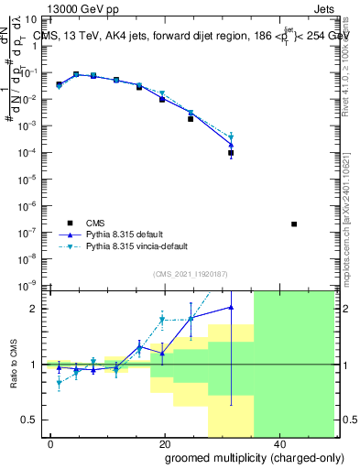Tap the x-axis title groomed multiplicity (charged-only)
pyautogui.click(x=242, y=456)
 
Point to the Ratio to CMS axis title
pyautogui.click(x=12, y=364)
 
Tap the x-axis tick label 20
pyautogui.click(x=164, y=443)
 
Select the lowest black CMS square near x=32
pyautogui.click(x=231, y=153)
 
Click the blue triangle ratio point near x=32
pyautogui.click(x=231, y=307)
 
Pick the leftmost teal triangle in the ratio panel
pyautogui.click(x=60, y=384)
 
